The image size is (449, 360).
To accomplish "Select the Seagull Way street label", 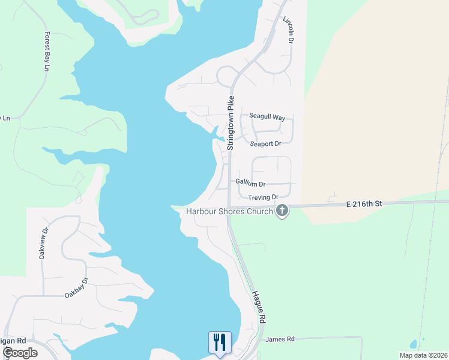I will (267, 117).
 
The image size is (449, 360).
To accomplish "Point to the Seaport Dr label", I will (265, 144).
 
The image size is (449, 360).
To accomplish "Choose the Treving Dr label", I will (264, 197).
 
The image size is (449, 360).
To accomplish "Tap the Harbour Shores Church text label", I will (229, 211).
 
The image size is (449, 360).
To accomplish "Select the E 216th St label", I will (364, 204).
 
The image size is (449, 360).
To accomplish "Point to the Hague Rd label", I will (259, 306).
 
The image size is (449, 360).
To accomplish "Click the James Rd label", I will (280, 339).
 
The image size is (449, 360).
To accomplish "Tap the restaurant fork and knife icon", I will (219, 343).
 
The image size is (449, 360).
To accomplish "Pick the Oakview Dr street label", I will (43, 243).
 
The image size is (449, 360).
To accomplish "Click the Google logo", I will (20, 353).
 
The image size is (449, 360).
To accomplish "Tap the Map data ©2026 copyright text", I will (423, 355).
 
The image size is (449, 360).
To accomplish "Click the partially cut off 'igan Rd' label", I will (11, 341).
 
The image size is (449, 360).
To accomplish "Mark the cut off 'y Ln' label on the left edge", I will (5, 118).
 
